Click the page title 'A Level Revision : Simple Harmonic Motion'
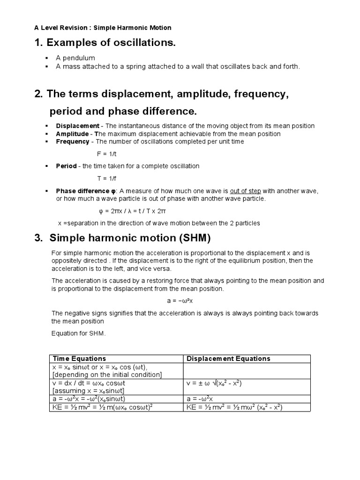(x=103, y=28)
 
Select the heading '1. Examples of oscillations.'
(x=105, y=44)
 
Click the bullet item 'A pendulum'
(x=75, y=58)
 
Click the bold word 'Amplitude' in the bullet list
(x=73, y=134)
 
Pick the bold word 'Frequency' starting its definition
(x=73, y=142)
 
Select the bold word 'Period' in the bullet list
(x=66, y=166)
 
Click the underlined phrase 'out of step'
(x=245, y=191)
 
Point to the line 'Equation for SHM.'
(x=79, y=334)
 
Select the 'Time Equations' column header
(x=79, y=359)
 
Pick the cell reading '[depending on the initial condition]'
(x=107, y=375)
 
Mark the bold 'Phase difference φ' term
(x=86, y=191)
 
